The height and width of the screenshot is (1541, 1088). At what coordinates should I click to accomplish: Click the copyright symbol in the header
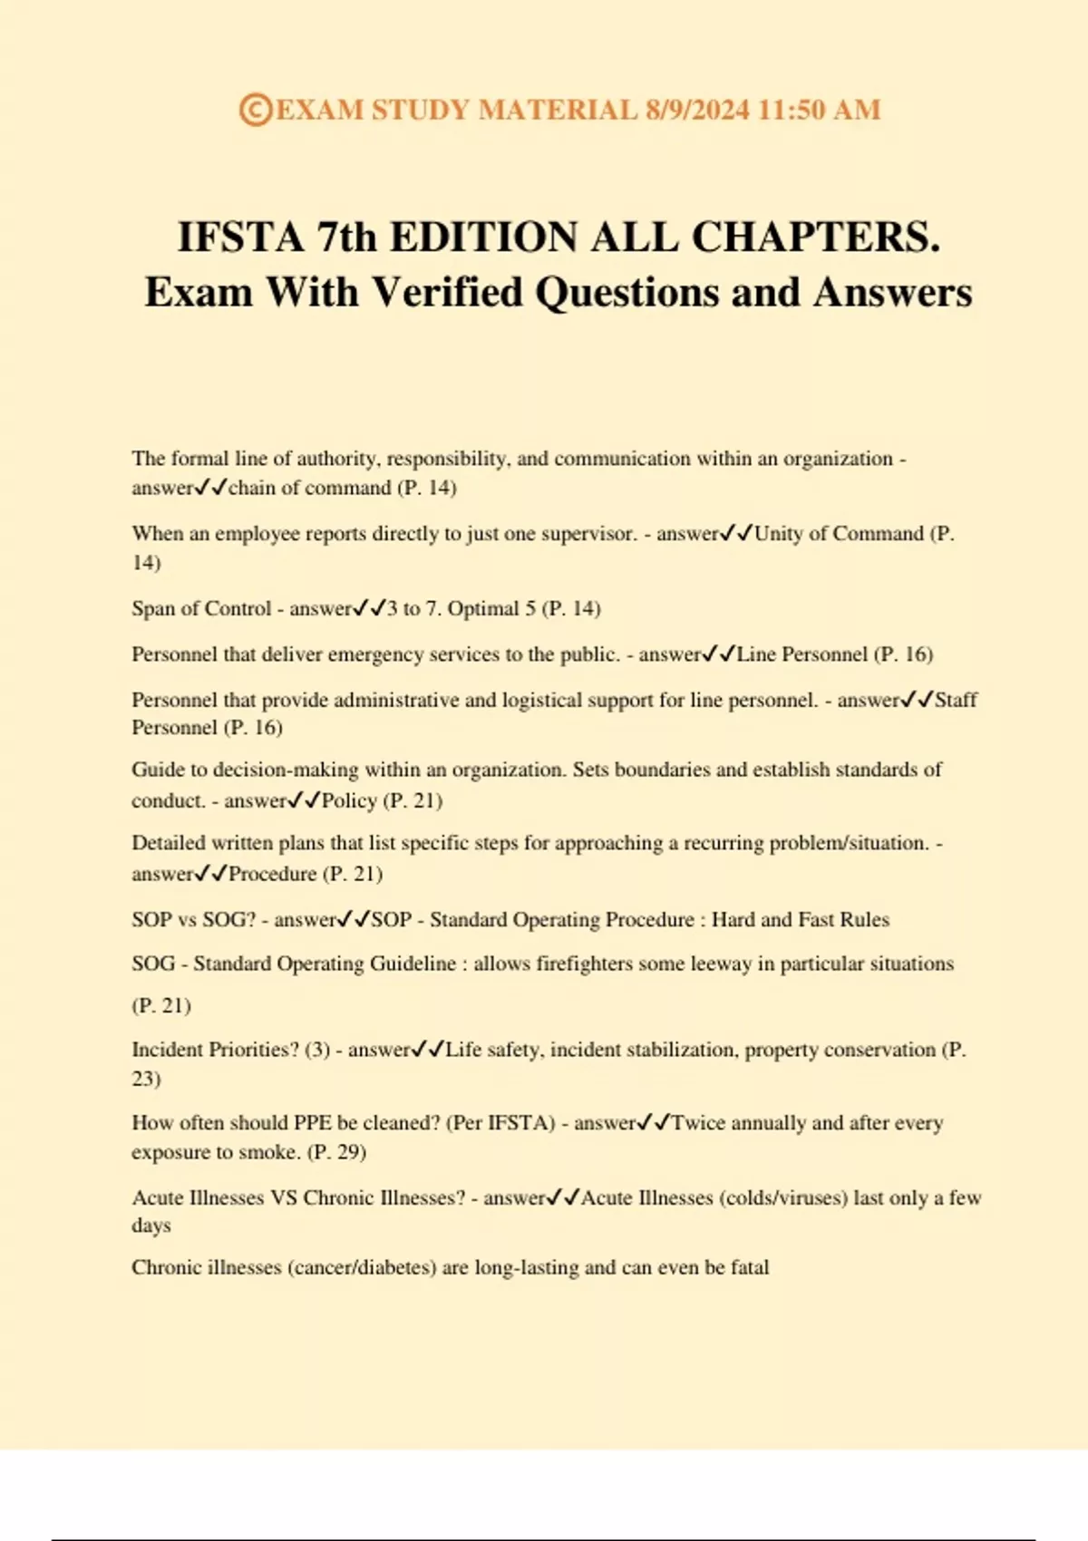(x=255, y=110)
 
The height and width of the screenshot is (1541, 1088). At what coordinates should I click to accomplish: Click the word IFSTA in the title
(x=239, y=237)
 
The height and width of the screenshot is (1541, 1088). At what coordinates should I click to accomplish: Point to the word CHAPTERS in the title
(x=815, y=237)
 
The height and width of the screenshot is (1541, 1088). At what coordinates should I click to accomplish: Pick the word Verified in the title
(x=448, y=293)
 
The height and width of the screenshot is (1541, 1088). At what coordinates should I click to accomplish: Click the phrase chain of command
(x=309, y=488)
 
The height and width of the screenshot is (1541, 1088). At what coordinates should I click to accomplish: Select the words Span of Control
(x=201, y=608)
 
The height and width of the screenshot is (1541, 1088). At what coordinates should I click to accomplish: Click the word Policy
(x=349, y=800)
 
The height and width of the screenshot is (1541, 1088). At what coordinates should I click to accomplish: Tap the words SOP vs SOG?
(x=194, y=919)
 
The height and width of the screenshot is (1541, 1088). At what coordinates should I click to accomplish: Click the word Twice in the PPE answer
(x=698, y=1123)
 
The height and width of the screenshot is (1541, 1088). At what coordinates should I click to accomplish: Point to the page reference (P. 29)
(x=337, y=1152)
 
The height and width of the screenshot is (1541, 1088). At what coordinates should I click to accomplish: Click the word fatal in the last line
(x=750, y=1267)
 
